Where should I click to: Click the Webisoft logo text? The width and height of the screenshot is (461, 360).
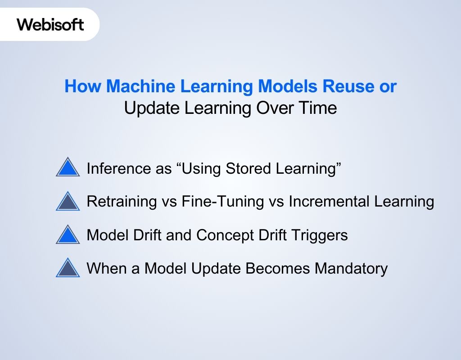pos(50,24)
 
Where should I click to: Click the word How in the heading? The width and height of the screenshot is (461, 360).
pos(81,86)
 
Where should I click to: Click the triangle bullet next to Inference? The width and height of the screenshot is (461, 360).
pos(68,167)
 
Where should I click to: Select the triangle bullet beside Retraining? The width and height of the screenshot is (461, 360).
pos(68,201)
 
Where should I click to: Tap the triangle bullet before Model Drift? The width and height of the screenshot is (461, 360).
pos(68,235)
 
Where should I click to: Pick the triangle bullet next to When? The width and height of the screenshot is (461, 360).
pos(68,268)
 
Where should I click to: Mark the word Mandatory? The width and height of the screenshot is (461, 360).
pos(351,269)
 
